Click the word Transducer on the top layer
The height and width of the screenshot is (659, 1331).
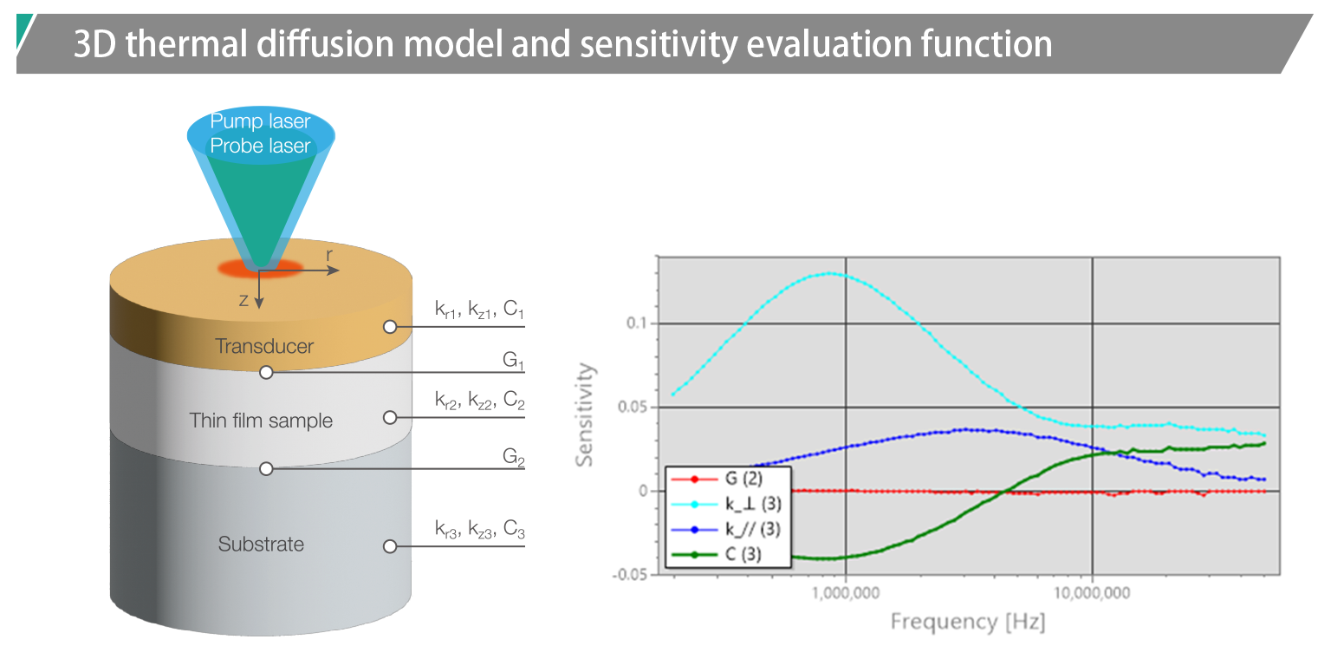pyautogui.click(x=264, y=346)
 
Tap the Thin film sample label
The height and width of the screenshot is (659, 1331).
pyautogui.click(x=261, y=421)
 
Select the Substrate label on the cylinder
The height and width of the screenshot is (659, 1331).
pyautogui.click(x=261, y=545)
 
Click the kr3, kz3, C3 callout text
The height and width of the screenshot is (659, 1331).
pyautogui.click(x=480, y=530)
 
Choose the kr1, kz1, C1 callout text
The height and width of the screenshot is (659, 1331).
pyautogui.click(x=480, y=310)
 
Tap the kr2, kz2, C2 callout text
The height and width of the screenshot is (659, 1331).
pyautogui.click(x=480, y=401)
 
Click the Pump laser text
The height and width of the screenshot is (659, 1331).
pyautogui.click(x=260, y=121)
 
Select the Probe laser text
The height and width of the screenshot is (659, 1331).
pyautogui.click(x=260, y=145)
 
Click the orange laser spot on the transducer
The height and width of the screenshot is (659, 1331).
pyautogui.click(x=259, y=267)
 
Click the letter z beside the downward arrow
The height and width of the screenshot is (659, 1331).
pyautogui.click(x=244, y=300)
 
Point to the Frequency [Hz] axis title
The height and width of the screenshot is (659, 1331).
pyautogui.click(x=968, y=622)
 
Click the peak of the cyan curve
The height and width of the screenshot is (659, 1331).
pyautogui.click(x=830, y=273)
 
